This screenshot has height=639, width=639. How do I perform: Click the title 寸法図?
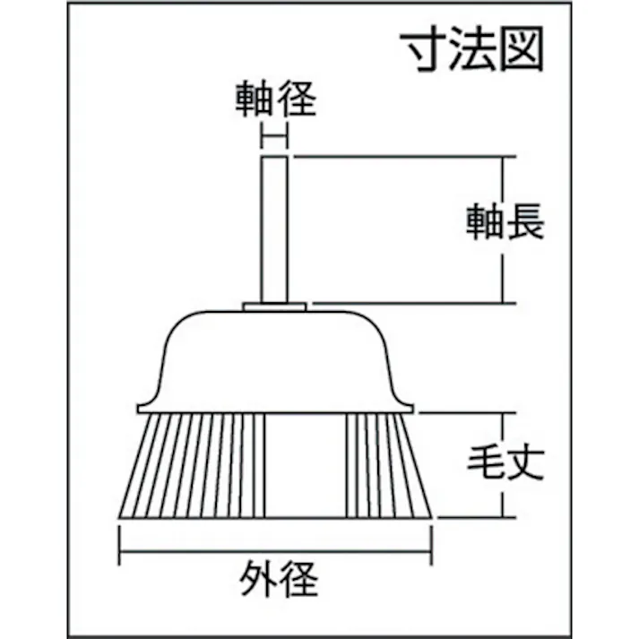[x=472, y=49]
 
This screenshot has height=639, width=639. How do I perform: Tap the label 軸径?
[x=276, y=99]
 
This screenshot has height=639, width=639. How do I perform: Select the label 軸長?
[x=505, y=221]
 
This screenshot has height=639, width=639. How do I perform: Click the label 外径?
[x=279, y=579]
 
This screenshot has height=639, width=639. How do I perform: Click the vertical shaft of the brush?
[x=274, y=229]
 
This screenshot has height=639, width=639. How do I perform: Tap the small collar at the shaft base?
[x=274, y=307]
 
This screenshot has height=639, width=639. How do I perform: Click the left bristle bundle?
[x=193, y=465]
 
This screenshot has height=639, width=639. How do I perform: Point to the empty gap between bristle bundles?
[x=306, y=465]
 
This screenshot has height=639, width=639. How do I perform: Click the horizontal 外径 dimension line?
[x=275, y=552]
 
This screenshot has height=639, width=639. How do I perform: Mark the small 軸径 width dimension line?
[x=274, y=137]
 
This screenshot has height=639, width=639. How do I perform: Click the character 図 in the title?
[x=522, y=49]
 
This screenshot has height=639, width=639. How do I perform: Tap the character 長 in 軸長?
[x=526, y=221]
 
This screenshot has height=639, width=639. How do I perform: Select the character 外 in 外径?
[x=258, y=579]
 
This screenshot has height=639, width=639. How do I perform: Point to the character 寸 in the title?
[x=423, y=49]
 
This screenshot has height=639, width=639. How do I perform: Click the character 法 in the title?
[x=472, y=49]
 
